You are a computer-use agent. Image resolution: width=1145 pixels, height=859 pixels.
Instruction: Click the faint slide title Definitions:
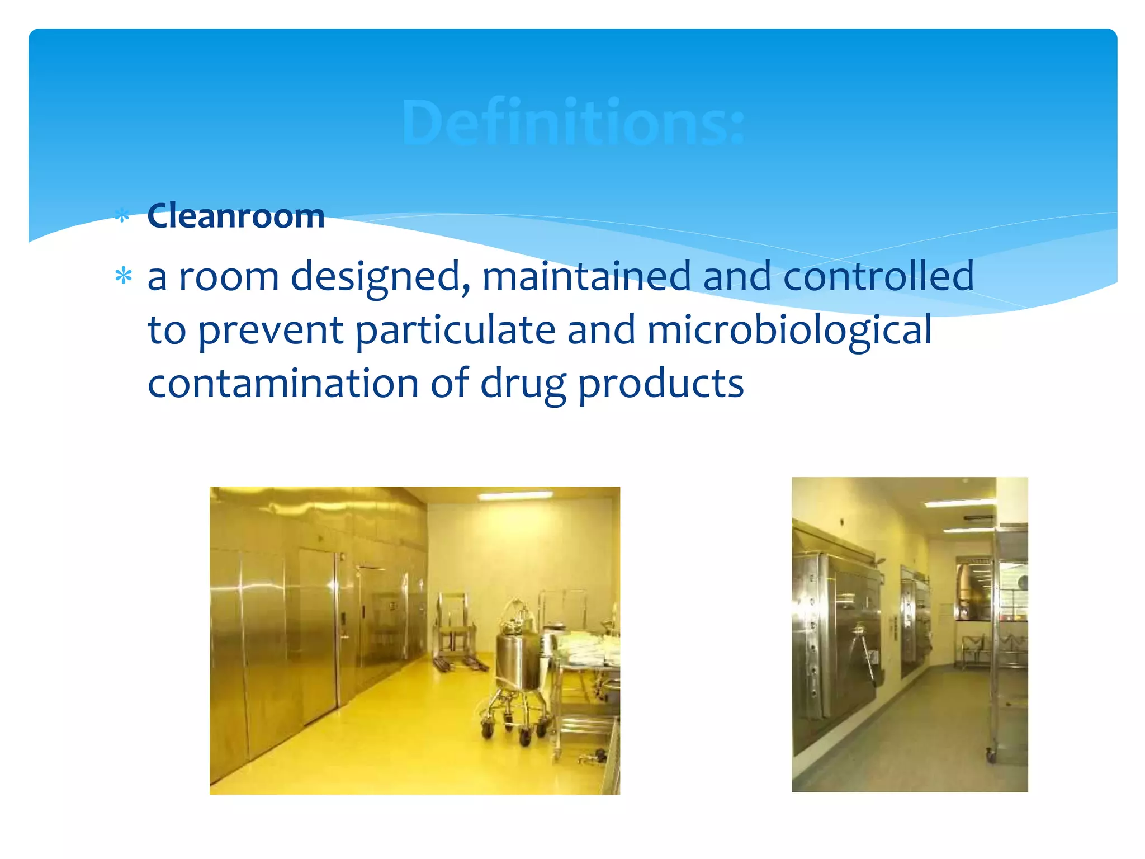click(x=573, y=122)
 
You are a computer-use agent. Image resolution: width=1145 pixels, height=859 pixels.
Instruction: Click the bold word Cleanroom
click(x=235, y=216)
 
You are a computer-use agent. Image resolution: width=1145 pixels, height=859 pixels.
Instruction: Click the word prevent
click(x=271, y=330)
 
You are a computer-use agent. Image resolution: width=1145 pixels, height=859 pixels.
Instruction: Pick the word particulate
click(x=455, y=330)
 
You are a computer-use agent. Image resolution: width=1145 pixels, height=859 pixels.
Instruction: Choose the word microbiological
click(x=789, y=330)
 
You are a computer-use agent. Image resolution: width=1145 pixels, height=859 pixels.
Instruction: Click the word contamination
click(x=283, y=384)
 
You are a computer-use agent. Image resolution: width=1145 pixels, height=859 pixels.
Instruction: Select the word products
click(x=660, y=385)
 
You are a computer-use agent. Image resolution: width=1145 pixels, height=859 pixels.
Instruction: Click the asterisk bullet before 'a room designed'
click(x=123, y=277)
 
